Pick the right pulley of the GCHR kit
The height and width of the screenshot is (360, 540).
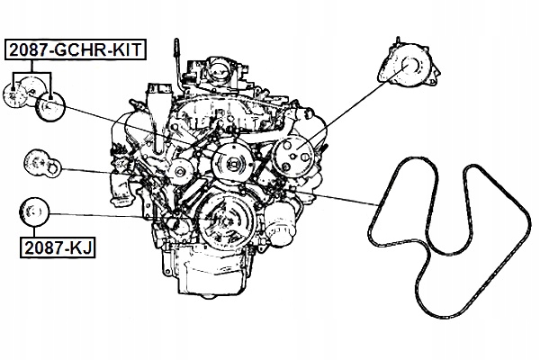click(x=51, y=109)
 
